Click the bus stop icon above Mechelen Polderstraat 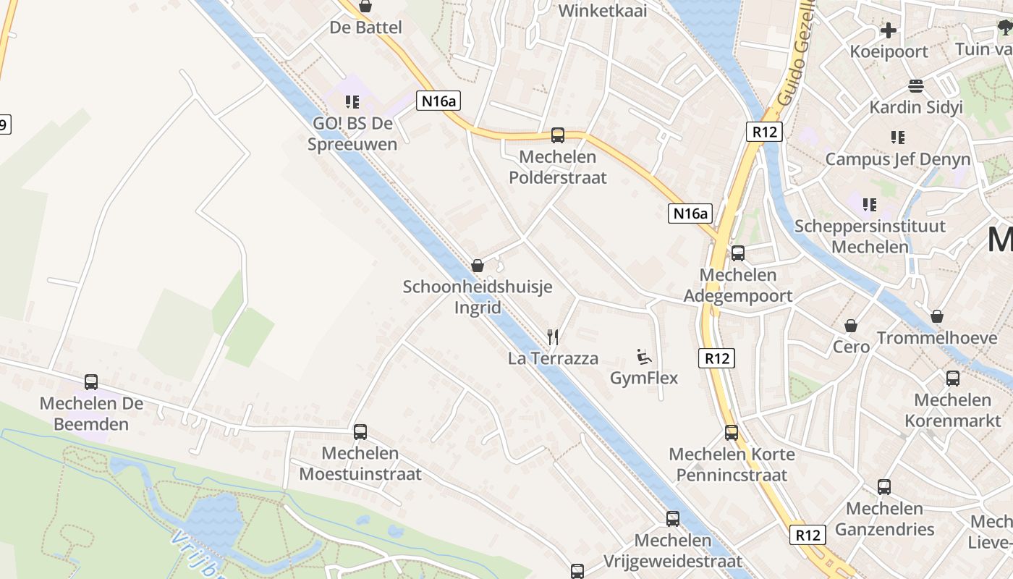coord(558,135)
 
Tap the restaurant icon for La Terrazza coord(554,337)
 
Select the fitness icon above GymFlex coord(643,356)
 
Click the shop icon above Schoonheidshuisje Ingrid coord(478,266)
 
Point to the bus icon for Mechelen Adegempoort coord(738,253)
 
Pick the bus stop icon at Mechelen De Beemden coord(91,381)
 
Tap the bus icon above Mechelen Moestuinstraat coord(360,432)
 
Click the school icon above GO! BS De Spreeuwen coord(352,102)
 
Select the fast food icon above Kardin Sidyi coord(916,86)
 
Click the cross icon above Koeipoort coord(889,30)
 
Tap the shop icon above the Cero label coord(851,326)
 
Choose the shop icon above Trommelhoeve coord(937,316)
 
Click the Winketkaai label coord(603,11)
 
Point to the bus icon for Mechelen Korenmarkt coord(953,378)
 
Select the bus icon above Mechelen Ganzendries coord(884,486)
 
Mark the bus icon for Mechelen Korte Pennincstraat coord(732,433)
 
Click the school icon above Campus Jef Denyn coord(898,137)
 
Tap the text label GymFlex coord(644,378)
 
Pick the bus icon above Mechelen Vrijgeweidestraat coord(673,518)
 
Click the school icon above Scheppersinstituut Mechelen coord(870,205)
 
